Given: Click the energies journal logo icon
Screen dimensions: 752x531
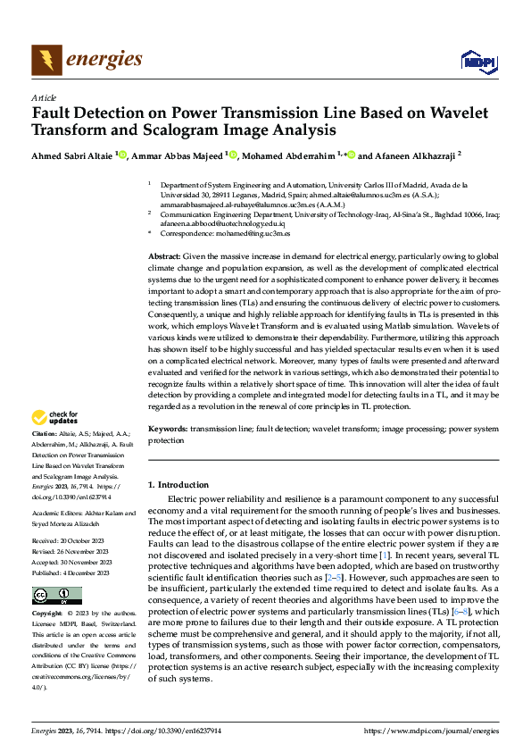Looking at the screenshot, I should [x=46, y=60].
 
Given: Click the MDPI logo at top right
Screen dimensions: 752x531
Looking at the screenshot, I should [x=477, y=61].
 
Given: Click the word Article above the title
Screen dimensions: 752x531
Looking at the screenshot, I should [x=44, y=97].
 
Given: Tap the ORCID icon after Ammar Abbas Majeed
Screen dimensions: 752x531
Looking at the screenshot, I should [x=233, y=155].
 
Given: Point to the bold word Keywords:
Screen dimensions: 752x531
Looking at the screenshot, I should [x=168, y=429].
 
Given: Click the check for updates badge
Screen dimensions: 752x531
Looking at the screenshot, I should [x=55, y=417].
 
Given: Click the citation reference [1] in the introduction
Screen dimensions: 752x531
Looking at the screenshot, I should [x=383, y=556].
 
